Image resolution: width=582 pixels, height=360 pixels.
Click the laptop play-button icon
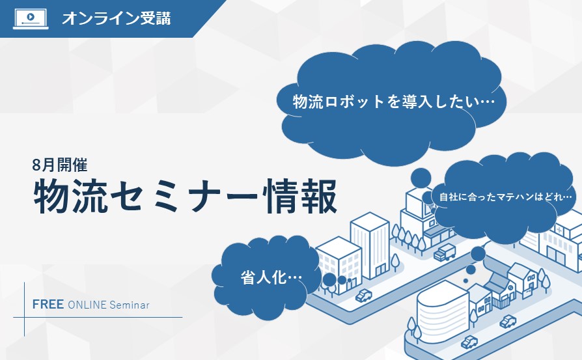pos(31,19)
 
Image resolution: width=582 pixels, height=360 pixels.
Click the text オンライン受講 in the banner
pos(117,19)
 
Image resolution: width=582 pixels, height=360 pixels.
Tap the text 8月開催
pos(60,165)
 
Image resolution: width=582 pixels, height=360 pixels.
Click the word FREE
pos(48,304)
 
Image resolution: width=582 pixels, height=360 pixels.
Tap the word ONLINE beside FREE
pos(87,305)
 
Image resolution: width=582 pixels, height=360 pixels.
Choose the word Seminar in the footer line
pos(130,305)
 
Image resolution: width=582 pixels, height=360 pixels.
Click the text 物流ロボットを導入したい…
pos(394,102)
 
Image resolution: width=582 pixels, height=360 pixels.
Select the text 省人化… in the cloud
pos(271,277)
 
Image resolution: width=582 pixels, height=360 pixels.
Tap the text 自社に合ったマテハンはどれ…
pos(506,197)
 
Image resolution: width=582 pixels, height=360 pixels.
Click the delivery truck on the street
pos(445,253)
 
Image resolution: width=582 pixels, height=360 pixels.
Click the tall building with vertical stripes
pos(370,245)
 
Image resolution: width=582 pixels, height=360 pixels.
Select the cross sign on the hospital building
pos(559,230)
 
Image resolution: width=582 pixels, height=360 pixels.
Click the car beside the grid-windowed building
pos(364,296)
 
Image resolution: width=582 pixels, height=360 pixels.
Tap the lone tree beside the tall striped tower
pos(395,262)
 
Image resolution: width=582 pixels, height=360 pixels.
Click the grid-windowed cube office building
pos(339,264)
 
